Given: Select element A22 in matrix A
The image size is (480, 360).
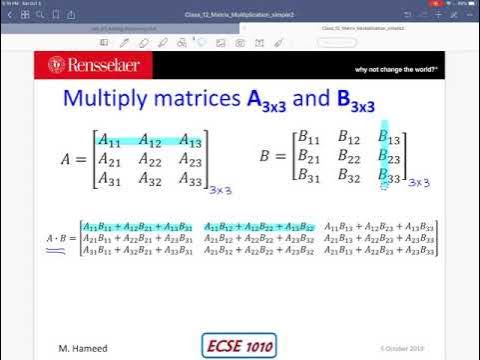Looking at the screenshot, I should coord(151,160).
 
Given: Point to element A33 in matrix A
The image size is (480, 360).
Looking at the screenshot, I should coord(190,180).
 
